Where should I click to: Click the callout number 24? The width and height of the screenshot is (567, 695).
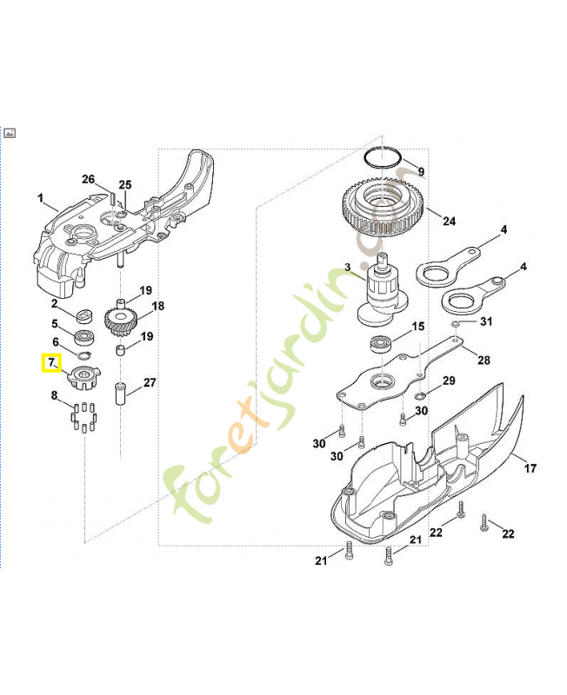point(449,221)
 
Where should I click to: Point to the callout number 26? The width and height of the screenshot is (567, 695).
point(88,180)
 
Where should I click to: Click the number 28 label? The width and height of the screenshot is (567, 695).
point(484,360)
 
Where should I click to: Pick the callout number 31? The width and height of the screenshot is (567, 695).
point(486,321)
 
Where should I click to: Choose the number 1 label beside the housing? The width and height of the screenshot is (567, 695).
point(40,199)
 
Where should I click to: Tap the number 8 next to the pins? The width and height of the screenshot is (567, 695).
point(54,396)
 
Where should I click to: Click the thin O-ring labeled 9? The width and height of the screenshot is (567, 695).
point(383,159)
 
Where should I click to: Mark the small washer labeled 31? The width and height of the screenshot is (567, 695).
point(456,322)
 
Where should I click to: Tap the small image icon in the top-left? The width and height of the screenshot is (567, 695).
point(10,133)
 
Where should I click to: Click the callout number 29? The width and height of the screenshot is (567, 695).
point(449,381)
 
